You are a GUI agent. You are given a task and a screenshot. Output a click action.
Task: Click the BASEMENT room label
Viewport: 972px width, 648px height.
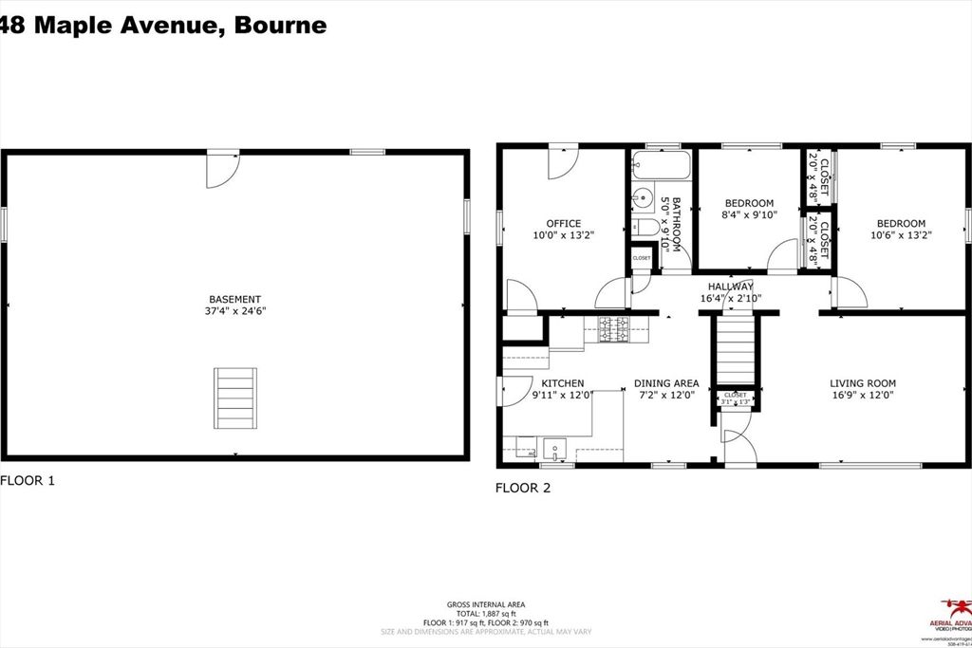pos(234,299)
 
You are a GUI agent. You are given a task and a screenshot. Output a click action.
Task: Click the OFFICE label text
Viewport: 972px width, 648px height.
pos(563,224)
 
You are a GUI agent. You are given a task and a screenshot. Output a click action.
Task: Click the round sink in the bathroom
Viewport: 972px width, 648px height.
pos(644,199)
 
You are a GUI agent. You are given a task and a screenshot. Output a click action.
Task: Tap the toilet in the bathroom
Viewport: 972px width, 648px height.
pos(640,227)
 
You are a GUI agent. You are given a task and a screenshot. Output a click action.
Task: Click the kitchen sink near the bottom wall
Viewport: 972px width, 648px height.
pos(555,447)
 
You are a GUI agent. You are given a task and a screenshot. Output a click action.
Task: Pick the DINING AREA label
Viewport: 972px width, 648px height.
pos(666,383)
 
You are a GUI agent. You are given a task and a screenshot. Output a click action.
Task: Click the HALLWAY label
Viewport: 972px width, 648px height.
pos(731,287)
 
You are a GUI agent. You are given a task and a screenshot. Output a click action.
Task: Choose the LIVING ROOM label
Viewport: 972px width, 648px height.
pos(862,383)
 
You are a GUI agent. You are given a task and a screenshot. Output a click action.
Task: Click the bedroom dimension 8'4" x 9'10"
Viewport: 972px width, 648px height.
pos(750,214)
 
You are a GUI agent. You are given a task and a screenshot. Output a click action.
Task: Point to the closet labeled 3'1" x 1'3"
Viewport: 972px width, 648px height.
pos(736,398)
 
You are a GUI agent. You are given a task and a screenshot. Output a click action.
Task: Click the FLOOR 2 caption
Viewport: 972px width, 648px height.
pos(523,489)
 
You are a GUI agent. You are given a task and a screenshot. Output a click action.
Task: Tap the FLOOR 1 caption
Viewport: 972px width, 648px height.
pos(28,481)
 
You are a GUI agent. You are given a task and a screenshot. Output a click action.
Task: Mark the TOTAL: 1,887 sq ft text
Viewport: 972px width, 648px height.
pos(486,614)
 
